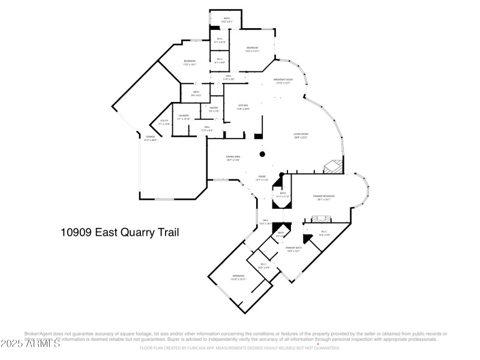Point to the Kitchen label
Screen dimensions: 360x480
242,106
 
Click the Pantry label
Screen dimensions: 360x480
214,109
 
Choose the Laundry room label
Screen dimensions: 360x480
184,116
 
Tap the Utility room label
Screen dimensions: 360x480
164,122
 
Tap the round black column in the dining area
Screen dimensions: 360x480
262,154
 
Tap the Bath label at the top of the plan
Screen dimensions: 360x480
227,19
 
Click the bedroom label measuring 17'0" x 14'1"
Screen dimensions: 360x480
190,62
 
